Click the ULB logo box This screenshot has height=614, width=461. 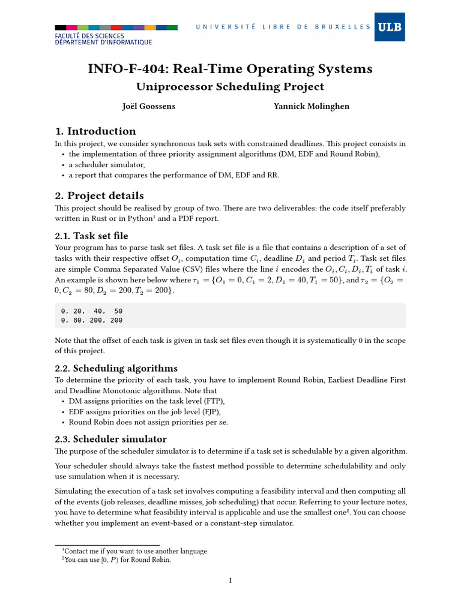click(390, 26)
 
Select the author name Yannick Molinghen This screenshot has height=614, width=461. click(312, 107)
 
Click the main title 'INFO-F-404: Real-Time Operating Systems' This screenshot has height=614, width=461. click(230, 69)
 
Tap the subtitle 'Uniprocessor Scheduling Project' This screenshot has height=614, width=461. click(230, 87)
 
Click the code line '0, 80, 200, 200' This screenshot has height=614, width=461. click(91, 321)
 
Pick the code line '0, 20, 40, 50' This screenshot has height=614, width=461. click(91, 312)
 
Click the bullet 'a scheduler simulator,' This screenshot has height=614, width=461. click(107, 164)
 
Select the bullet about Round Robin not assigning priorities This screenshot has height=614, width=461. click(148, 422)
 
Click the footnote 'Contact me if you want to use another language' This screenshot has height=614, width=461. click(135, 551)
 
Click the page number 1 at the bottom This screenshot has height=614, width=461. click(230, 580)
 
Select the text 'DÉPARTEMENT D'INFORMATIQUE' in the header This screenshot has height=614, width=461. click(103, 43)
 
